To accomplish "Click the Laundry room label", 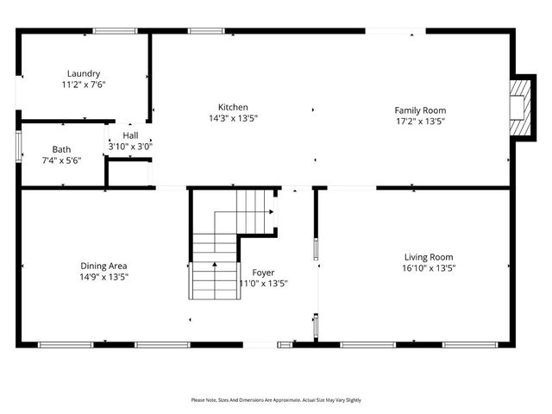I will tap(84, 73).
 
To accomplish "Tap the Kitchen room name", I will tap(233, 106).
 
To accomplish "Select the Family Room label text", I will tap(420, 110).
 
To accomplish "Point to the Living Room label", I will tap(429, 256).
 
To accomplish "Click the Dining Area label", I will tap(103, 266).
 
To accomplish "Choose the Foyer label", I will tap(263, 272).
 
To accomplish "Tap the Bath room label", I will tap(61, 149).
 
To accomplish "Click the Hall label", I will tap(130, 135).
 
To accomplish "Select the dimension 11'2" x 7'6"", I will tap(84, 85).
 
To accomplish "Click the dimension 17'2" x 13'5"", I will tap(420, 121).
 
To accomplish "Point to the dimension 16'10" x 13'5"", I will tap(429, 267).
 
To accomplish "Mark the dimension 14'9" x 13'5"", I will tap(103, 277).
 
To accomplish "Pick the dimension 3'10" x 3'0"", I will tap(130, 147).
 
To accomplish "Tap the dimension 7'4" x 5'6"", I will tap(61, 160).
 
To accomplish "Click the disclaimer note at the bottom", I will tap(276, 400).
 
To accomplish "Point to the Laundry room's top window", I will tap(115, 31).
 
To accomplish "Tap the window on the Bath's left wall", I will tap(18, 144).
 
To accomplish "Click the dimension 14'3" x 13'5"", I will tap(233, 117).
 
